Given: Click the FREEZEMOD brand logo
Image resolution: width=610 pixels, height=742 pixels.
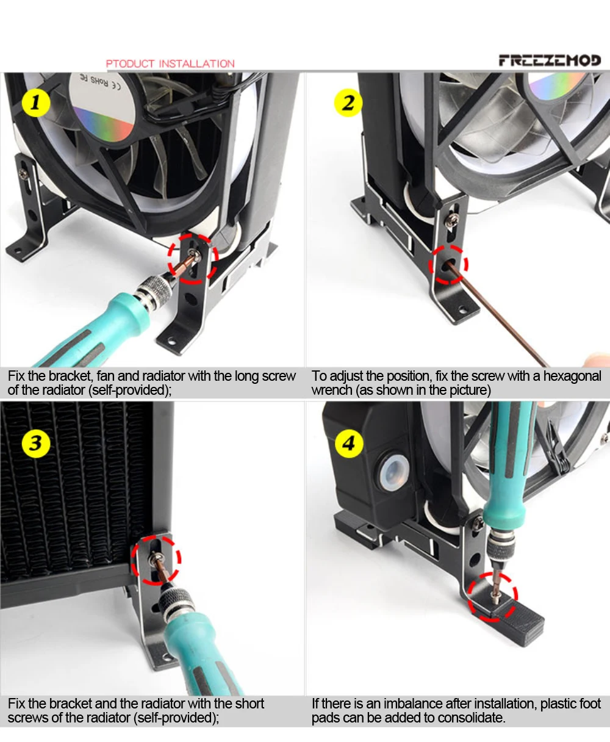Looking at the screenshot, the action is pyautogui.click(x=550, y=60).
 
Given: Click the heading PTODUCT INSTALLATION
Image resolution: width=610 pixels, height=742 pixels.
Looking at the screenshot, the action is pyautogui.click(x=170, y=63).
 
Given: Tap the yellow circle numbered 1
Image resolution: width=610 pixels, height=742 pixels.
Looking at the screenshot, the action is pyautogui.click(x=36, y=103).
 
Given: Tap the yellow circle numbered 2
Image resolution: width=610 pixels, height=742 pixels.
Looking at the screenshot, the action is pyautogui.click(x=348, y=103).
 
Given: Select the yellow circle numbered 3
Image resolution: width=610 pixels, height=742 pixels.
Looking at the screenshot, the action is pyautogui.click(x=36, y=443).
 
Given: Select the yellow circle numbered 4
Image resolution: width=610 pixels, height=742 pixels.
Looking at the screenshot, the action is pyautogui.click(x=349, y=444).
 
